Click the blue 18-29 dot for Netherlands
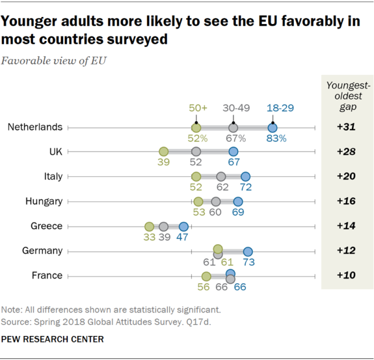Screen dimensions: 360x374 click(272, 128)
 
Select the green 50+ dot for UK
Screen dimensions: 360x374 click(164, 152)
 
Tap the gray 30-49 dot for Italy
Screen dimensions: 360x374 click(221, 177)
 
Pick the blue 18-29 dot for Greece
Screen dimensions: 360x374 click(183, 227)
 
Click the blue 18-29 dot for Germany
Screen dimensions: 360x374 click(248, 251)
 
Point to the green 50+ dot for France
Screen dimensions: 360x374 click(206, 276)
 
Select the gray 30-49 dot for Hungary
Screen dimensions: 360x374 click(215, 202)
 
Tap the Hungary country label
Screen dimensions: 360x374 click(43, 201)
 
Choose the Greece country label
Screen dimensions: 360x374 click(46, 226)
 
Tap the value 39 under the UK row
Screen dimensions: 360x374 click(164, 163)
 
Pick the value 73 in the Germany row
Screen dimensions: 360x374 click(248, 263)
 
